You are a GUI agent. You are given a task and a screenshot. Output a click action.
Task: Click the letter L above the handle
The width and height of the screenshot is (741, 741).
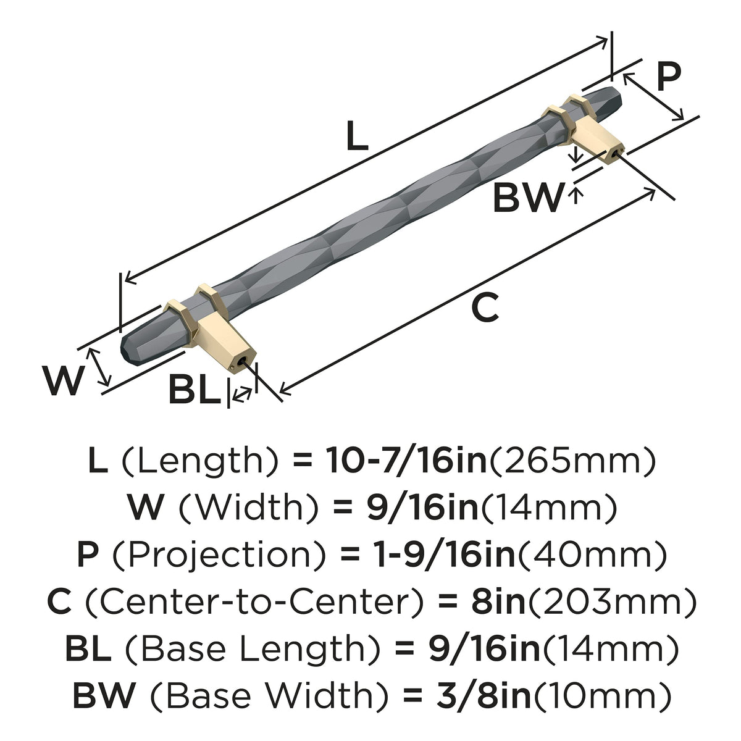click(357, 135)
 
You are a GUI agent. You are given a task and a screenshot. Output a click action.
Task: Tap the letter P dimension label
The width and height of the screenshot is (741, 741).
click(669, 76)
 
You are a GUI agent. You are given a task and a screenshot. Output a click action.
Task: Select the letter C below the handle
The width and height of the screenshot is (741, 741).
click(485, 307)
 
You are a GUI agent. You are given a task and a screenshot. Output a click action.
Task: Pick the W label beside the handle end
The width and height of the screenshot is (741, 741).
click(63, 380)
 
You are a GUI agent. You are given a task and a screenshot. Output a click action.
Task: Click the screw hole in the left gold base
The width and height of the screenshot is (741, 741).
click(242, 362)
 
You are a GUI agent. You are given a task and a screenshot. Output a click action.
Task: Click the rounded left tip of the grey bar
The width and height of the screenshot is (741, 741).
click(124, 350)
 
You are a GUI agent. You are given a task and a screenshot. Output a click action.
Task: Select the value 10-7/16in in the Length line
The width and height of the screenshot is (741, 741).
click(406, 461)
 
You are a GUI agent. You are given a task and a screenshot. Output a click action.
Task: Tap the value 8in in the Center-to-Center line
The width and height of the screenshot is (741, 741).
click(498, 602)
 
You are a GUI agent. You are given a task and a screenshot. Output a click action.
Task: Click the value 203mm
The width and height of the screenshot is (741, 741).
click(611, 602)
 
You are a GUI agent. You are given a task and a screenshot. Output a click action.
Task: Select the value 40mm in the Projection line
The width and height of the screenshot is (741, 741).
click(592, 555)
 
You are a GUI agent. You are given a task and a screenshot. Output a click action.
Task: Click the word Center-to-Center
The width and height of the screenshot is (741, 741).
click(254, 602)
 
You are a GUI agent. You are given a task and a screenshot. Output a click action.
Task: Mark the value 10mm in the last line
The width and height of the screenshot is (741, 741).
click(603, 696)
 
